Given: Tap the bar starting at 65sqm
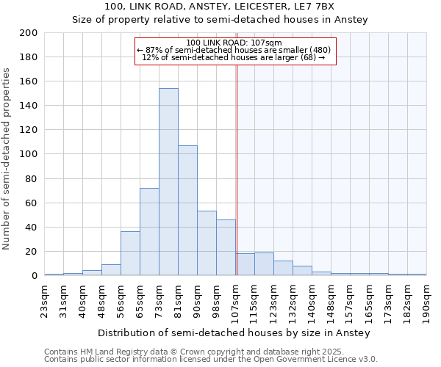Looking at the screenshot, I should click(x=149, y=232).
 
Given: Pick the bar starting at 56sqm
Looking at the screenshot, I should click(x=130, y=254).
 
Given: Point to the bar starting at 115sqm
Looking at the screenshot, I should click(x=264, y=264).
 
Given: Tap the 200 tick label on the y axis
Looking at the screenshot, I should click(x=29, y=33).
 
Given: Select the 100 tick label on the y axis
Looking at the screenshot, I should click(x=29, y=154).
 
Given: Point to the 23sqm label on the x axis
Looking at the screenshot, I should click(x=45, y=297).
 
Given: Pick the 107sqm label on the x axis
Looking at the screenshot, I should click(x=236, y=299).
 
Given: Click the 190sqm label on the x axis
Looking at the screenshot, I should click(x=427, y=299).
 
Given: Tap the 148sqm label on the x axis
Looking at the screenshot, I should click(x=331, y=299).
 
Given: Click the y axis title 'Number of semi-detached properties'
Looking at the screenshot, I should click(x=7, y=159).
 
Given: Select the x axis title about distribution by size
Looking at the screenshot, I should click(x=234, y=333).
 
